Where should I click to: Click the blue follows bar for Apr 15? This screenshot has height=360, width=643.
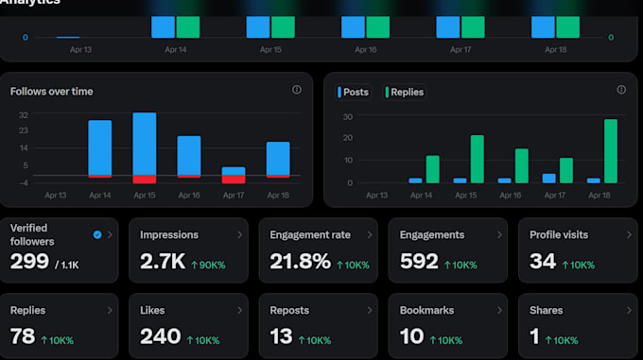tap(145, 144)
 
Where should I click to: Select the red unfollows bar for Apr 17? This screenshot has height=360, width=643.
tap(234, 179)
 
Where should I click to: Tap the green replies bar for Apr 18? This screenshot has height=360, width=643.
tap(611, 151)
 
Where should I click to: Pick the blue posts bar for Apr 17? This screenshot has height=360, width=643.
tap(548, 179)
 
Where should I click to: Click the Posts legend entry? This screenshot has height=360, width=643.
tap(353, 93)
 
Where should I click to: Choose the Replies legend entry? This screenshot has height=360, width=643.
tap(405, 93)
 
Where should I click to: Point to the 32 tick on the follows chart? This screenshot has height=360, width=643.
tap(24, 115)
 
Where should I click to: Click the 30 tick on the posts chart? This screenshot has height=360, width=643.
tap(348, 117)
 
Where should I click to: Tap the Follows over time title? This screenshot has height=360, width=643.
tap(52, 92)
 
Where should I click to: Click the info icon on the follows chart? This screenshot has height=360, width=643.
tap(297, 90)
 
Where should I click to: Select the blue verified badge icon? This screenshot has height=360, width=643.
tap(97, 234)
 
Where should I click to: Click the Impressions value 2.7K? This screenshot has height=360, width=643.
tap(163, 262)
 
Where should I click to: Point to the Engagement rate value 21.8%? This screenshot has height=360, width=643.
tap(300, 262)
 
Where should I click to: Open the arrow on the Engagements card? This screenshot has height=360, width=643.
tap(499, 234)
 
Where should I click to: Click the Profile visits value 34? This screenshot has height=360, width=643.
tap(543, 262)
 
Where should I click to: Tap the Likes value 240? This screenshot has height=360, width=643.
tap(161, 336)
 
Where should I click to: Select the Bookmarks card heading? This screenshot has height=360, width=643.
tap(426, 311)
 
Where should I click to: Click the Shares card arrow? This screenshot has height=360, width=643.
tap(629, 311)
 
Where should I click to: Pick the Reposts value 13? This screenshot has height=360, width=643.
tap(282, 336)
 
